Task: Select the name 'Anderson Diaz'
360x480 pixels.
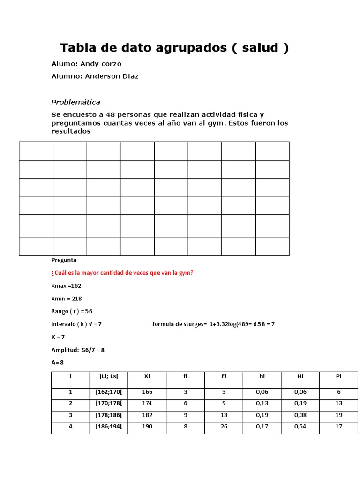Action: [x=112, y=76]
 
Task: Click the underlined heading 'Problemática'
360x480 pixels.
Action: [x=76, y=102]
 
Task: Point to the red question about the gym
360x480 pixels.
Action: [x=122, y=273]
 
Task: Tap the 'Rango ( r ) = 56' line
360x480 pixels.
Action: [x=72, y=311]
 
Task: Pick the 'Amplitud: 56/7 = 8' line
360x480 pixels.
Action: [x=77, y=350]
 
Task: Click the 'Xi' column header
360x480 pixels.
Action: [x=147, y=376]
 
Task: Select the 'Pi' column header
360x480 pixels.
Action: [x=338, y=376]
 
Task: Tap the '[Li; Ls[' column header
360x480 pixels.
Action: [x=109, y=376]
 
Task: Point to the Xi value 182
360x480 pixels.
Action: [x=147, y=415]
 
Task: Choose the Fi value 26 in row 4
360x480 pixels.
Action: [x=224, y=427]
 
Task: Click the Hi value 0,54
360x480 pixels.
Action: [x=300, y=427]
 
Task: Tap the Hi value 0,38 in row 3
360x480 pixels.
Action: [x=300, y=415]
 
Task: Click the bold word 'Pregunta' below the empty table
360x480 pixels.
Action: [x=64, y=260]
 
